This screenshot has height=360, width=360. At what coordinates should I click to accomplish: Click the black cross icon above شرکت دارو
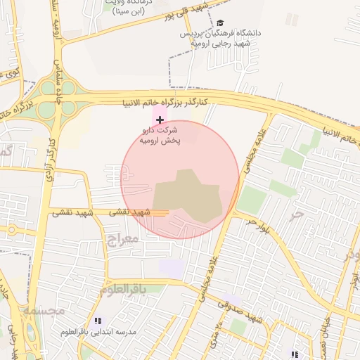coord(160,120)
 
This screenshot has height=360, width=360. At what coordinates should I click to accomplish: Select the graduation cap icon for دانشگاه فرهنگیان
coord(220,22)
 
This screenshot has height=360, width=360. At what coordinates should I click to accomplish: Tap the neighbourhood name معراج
coord(123,240)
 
